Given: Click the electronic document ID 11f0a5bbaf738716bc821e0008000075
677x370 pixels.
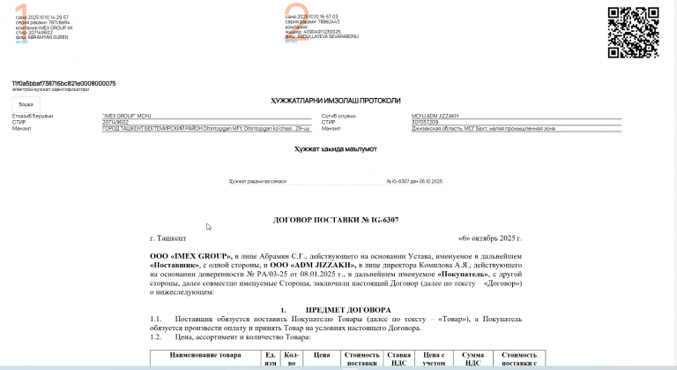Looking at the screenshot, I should tap(63, 83).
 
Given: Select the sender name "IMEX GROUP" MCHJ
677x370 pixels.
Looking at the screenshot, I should tap(125, 116).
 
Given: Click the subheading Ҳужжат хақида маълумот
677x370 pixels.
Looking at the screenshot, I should tap(335, 149).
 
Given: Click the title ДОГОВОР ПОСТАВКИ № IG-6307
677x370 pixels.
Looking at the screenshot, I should tap(337, 219).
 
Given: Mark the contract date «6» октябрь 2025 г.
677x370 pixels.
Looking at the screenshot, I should tap(490, 238).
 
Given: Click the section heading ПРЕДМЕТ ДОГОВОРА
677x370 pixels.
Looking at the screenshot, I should tap(347, 310).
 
